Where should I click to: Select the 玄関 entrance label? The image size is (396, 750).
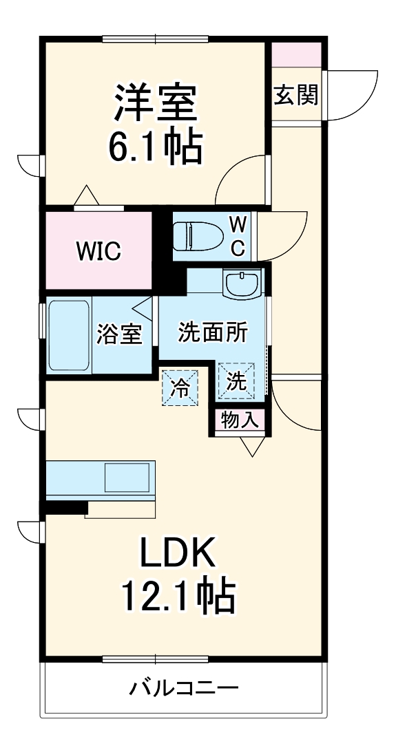click(296, 96)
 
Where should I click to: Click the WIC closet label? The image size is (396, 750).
click(98, 252)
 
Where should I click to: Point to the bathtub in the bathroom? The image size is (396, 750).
click(68, 334)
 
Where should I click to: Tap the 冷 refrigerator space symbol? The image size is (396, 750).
click(179, 387)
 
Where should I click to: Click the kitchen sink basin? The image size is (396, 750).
click(127, 476)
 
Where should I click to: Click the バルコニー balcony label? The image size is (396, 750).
click(184, 687)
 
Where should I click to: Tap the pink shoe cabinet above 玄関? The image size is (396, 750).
click(296, 54)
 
